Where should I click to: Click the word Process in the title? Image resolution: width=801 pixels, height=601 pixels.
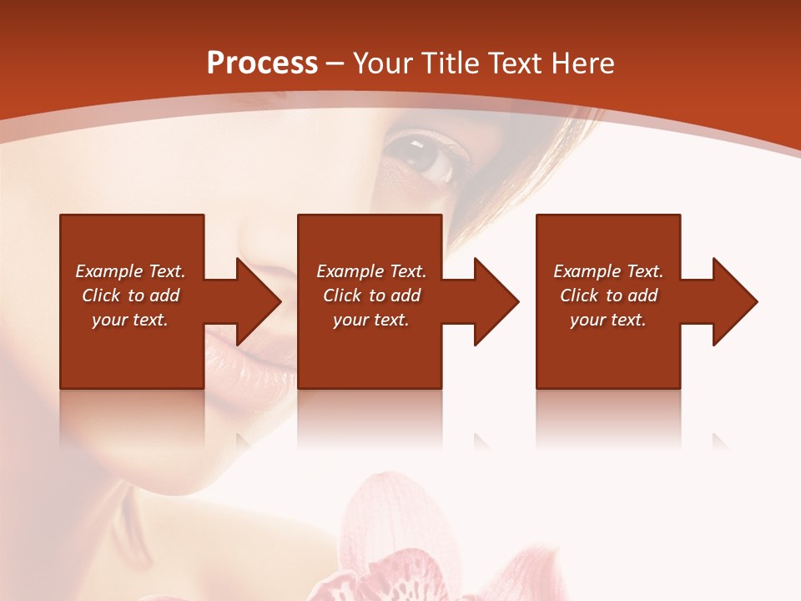[262, 63]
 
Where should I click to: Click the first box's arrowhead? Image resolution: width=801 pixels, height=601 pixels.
[258, 301]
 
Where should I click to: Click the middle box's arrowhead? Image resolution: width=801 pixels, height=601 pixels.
[496, 301]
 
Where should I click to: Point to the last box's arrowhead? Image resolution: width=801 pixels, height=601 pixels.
[735, 301]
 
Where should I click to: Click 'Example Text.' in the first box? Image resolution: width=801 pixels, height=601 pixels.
[130, 271]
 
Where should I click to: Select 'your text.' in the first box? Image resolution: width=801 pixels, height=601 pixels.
[130, 320]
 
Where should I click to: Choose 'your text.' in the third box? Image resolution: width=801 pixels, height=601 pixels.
[608, 320]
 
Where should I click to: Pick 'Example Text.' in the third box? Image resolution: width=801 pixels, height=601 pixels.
[608, 271]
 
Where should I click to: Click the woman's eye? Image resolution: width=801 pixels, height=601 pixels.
[427, 155]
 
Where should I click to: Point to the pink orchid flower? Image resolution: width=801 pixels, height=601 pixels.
[392, 543]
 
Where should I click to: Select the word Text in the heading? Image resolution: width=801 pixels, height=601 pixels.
[514, 63]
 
